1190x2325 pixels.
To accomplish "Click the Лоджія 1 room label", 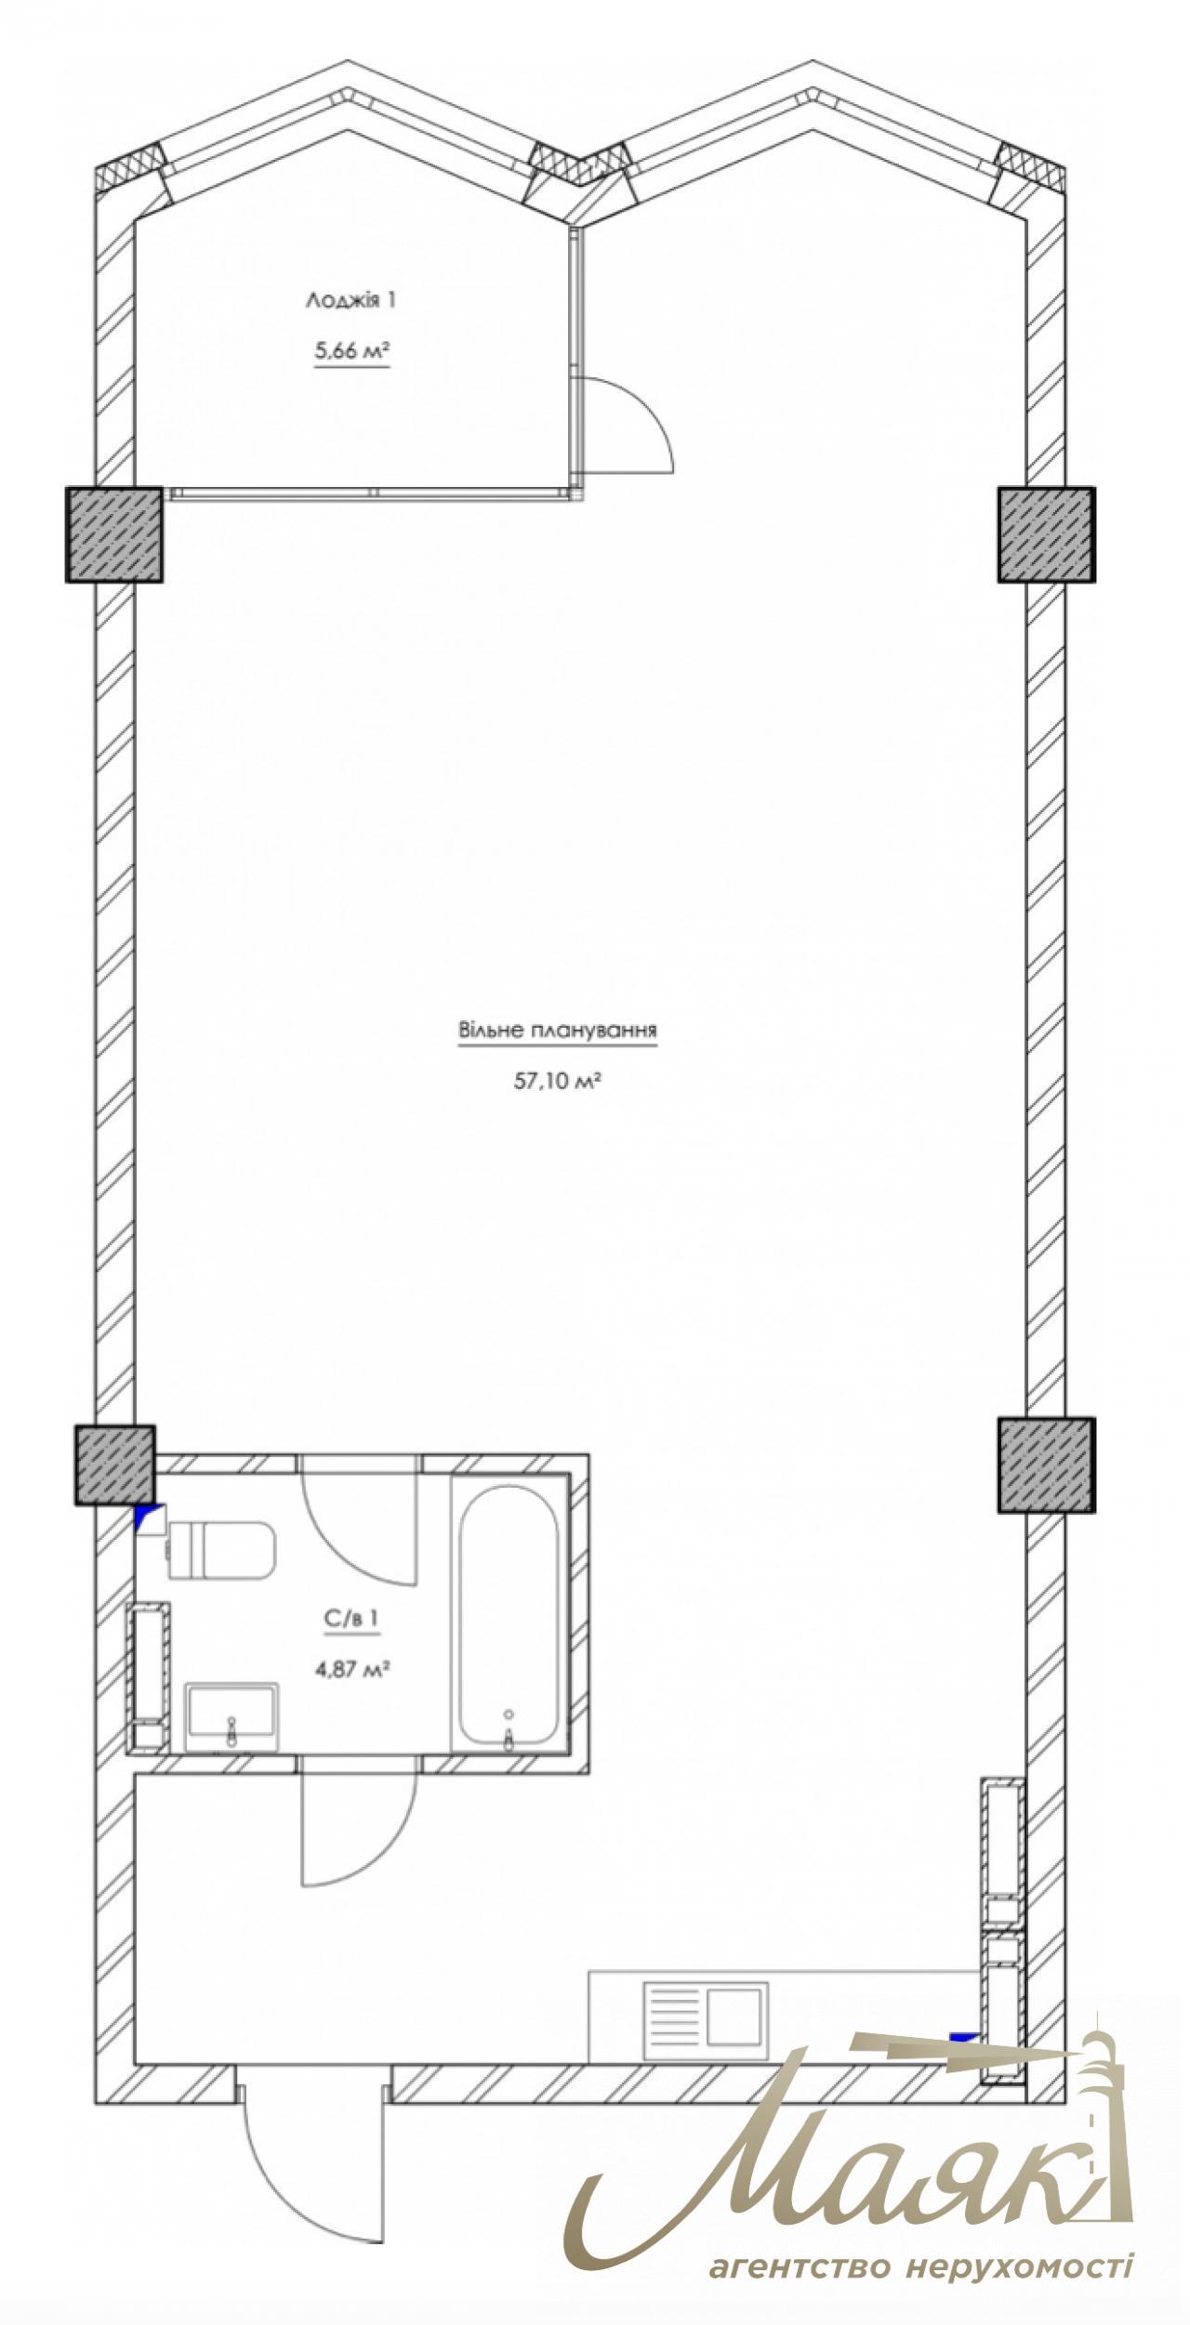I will click(351, 300).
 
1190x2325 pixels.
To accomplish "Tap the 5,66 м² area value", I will click(351, 351).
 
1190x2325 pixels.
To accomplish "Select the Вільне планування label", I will click(558, 1031).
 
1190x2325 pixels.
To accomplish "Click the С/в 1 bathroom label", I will click(351, 1619).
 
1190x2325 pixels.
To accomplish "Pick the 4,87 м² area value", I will click(351, 1669).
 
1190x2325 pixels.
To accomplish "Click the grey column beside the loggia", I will click(114, 535).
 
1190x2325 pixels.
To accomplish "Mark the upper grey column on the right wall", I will click(1047, 535).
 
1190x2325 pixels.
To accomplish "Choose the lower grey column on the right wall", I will click(1047, 1465).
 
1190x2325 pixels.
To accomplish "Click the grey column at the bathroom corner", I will click(114, 1465).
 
